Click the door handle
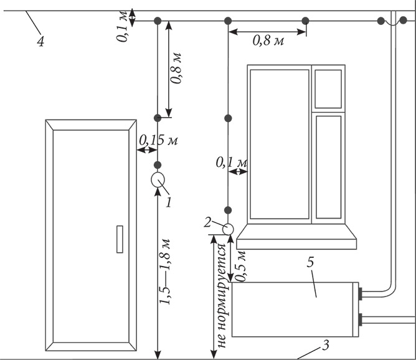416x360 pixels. point(120,239)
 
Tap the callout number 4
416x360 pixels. point(40,42)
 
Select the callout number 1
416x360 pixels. point(169,202)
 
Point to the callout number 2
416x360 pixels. point(208,222)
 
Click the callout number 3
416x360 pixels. point(326,345)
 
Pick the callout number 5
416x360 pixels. point(310,262)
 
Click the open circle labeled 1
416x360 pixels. point(158,179)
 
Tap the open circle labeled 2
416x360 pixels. point(228,229)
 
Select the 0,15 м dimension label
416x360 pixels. point(158,140)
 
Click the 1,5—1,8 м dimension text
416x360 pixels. point(165,272)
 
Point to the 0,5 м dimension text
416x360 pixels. point(240,266)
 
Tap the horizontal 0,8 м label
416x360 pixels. point(268,40)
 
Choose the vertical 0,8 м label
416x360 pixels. point(176,68)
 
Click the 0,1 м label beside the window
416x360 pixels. point(232,163)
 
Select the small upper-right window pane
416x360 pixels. point(328,89)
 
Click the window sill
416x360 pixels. point(296,237)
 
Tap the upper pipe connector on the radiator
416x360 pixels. point(361,294)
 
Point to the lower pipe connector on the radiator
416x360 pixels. point(361,320)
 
